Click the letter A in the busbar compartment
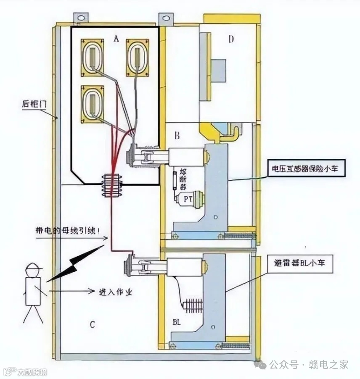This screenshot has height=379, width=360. [116, 39]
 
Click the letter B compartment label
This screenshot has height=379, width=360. [177, 135]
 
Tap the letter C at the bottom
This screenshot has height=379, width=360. [93, 324]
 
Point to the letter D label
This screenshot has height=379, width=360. [230, 40]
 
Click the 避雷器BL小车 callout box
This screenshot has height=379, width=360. [302, 263]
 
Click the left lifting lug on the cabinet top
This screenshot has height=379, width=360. [82, 18]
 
